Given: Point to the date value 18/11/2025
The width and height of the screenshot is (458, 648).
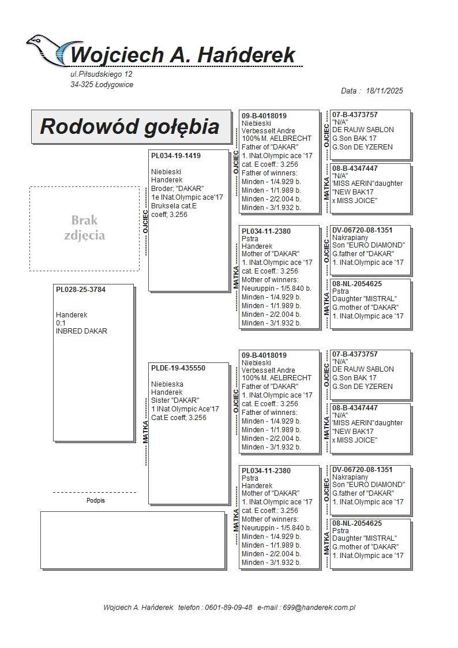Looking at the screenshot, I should (x=384, y=91).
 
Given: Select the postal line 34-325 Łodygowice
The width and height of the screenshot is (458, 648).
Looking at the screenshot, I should (x=102, y=85).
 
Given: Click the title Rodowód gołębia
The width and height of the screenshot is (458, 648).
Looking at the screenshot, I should (x=129, y=126).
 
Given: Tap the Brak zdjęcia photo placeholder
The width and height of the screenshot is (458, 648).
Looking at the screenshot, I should (x=84, y=228).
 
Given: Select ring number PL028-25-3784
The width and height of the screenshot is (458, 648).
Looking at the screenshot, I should (x=81, y=290).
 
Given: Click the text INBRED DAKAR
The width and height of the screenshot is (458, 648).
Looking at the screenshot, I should (x=81, y=331).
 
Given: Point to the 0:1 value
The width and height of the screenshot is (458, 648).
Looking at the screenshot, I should (x=61, y=323).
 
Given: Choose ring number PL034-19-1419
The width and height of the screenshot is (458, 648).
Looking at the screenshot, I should (x=176, y=156).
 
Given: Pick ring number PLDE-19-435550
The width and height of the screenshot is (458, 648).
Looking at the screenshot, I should (x=178, y=368).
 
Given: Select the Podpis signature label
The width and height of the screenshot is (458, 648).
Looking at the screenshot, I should (x=96, y=501).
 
